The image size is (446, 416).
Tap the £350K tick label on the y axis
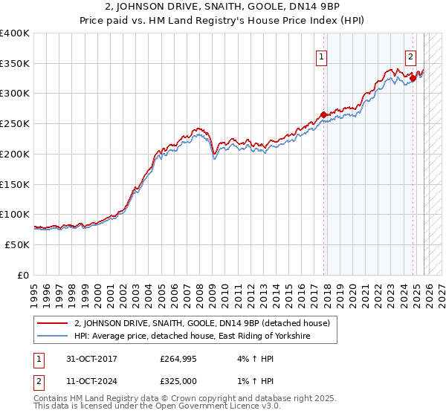14,64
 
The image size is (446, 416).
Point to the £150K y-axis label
14,184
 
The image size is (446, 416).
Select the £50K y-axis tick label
16,244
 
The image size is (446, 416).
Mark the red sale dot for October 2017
323,115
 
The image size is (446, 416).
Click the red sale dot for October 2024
413,78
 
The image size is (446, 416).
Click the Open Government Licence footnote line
146,409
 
